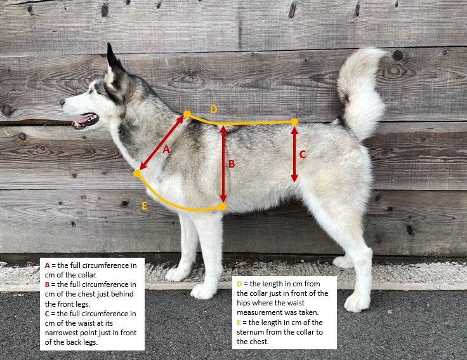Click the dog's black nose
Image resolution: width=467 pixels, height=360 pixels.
point(63,103)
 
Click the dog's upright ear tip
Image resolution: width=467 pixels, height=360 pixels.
point(109,44)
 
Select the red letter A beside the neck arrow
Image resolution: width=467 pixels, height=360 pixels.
point(166,149)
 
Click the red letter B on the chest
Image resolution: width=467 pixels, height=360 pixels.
point(232,164)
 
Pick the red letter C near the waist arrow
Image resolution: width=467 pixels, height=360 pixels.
point(302,154)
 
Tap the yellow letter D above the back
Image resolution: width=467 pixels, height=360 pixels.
point(214,109)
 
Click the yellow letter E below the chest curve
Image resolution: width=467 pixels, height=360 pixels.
point(145,206)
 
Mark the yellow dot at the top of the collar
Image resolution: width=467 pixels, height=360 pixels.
point(187,114)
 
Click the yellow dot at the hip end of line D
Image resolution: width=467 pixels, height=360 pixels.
point(294,122)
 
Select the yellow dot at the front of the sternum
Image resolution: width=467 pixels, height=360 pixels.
point(137,173)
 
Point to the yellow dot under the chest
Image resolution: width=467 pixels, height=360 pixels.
point(223,206)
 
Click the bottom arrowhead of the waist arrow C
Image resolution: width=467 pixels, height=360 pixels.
point(294,178)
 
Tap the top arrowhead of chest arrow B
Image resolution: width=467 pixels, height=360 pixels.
point(223,129)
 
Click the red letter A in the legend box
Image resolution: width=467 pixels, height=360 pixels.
point(48,265)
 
